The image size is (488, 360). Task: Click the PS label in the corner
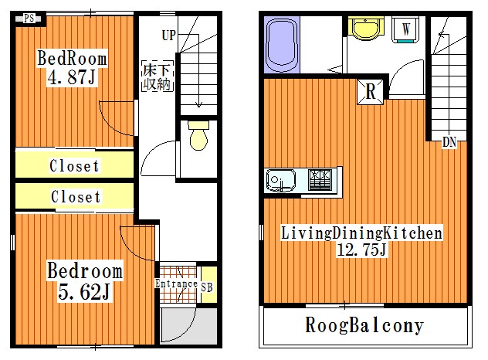(x=28, y=18)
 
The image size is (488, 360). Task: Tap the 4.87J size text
(x=73, y=78)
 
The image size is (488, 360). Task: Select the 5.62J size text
(x=83, y=293)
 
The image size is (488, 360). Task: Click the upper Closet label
(x=74, y=165)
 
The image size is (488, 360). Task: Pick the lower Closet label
(x=76, y=197)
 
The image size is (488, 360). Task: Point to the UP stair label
(x=169, y=35)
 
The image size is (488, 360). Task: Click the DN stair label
(x=449, y=142)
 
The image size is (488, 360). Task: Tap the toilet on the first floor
(x=198, y=136)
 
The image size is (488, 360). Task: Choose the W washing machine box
(x=405, y=29)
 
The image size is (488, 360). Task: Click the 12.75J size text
(x=360, y=250)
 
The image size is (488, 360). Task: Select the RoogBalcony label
(x=364, y=325)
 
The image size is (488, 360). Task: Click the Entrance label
(x=177, y=284)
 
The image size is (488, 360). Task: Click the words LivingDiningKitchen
(x=361, y=232)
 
